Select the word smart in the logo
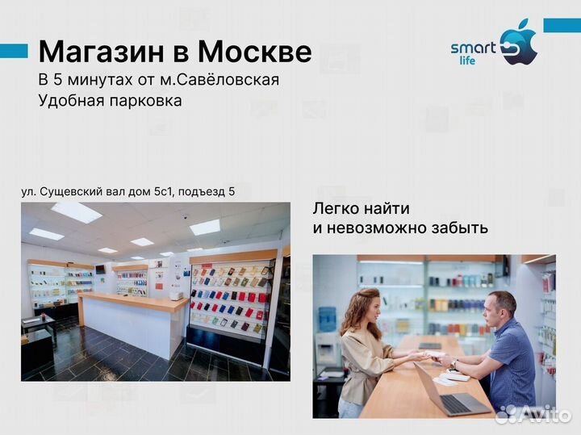(x=473, y=48)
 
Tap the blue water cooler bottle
(x=326, y=320)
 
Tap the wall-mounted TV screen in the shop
(x=100, y=269)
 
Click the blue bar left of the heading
(x=14, y=51)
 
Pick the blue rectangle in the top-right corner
(x=562, y=25)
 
